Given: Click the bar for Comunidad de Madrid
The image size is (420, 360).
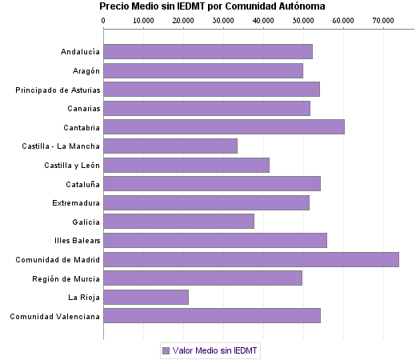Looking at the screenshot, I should (250, 259).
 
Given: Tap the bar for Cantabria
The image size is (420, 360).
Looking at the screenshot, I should (223, 126).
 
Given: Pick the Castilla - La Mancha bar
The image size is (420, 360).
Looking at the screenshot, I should (170, 146).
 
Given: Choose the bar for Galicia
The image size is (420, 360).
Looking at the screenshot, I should (178, 222).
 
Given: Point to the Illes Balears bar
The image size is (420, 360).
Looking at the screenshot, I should (214, 240).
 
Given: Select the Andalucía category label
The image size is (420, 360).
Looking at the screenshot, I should (80, 52).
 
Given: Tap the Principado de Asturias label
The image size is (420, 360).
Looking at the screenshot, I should (58, 90).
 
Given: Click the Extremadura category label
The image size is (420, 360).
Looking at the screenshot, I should (76, 202).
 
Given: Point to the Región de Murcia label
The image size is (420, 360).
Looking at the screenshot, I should (66, 278).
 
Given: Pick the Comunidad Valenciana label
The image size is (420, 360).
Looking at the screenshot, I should (55, 316).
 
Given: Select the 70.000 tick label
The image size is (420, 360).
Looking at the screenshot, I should (383, 20).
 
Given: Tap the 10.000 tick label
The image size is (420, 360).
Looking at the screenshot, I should (143, 20).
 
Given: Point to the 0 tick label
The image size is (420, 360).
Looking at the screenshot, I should (104, 20).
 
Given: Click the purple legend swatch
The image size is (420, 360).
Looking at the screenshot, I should (166, 350).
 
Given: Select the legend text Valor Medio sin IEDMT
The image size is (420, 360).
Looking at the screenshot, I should (215, 350).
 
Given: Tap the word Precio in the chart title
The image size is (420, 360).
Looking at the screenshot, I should (114, 6).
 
